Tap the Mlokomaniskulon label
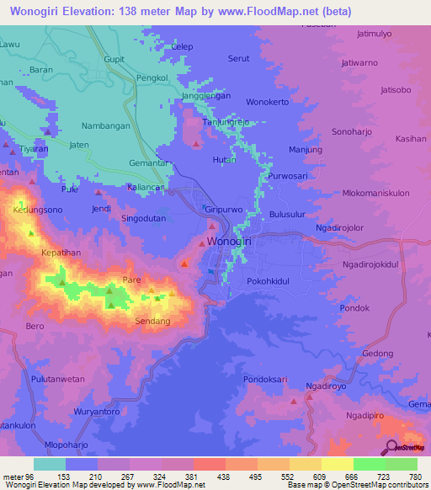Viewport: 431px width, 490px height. pos(375,193)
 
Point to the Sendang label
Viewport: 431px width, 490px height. pos(153,322)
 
